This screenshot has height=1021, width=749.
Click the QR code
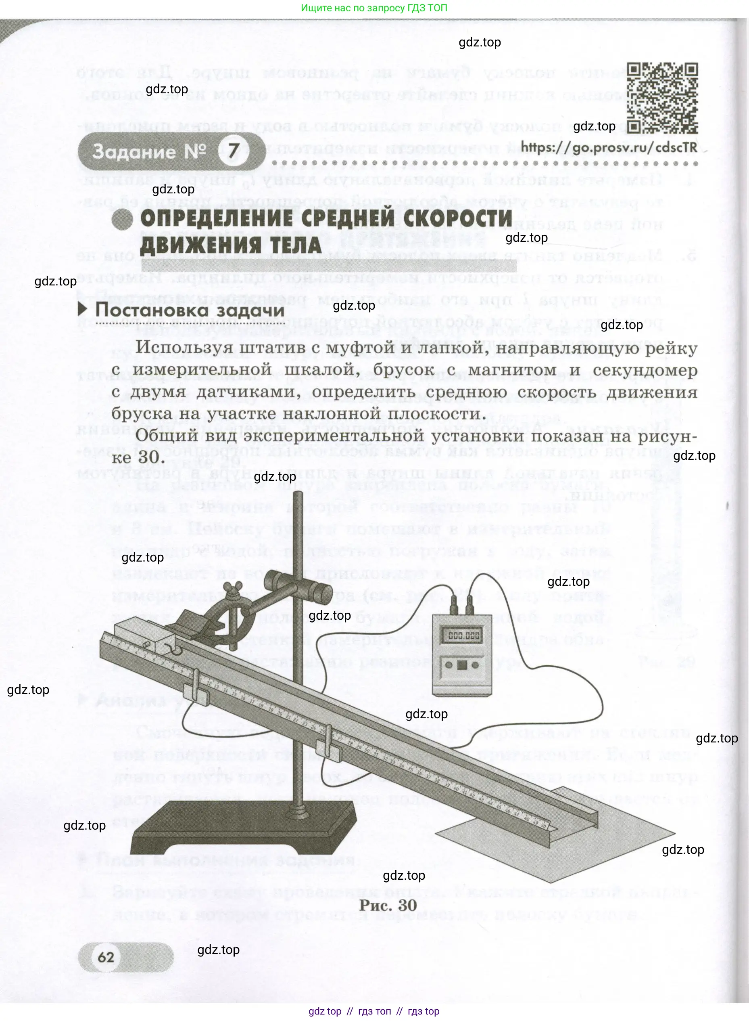[x=662, y=98]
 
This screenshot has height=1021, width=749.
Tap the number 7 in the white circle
[x=234, y=151]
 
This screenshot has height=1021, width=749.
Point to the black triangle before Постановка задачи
[x=83, y=310]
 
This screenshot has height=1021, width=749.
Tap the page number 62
[x=106, y=957]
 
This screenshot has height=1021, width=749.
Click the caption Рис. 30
[x=388, y=905]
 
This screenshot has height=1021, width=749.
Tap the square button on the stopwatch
[x=462, y=665]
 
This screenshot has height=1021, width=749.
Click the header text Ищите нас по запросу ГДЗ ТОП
[x=374, y=8]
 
